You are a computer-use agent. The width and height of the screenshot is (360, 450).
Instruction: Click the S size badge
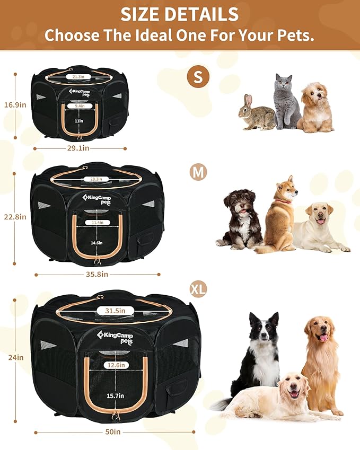(198, 77)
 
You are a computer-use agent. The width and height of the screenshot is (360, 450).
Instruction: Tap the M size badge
(198, 172)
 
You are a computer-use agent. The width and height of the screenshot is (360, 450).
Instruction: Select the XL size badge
(198, 289)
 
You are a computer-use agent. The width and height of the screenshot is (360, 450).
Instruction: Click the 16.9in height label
(15, 105)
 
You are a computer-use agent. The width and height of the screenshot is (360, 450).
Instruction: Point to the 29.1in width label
(78, 148)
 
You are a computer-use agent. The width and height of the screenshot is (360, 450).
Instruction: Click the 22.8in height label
(15, 217)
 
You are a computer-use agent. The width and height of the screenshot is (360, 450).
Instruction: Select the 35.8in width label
(97, 275)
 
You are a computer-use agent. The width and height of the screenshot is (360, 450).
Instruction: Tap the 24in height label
(16, 357)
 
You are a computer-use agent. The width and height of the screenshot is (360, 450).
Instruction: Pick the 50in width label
(113, 431)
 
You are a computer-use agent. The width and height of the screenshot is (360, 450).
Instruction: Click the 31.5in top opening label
(115, 311)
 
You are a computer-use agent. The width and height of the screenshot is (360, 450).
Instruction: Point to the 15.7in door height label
(116, 396)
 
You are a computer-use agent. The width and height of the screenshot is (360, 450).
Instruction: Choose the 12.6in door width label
(116, 365)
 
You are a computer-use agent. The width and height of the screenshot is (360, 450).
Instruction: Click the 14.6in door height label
(96, 243)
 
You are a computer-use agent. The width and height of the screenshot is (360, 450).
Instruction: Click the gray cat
(287, 101)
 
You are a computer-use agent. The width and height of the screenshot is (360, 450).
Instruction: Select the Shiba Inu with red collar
(280, 215)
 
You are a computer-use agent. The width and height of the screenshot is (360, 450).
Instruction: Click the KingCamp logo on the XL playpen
(115, 337)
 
